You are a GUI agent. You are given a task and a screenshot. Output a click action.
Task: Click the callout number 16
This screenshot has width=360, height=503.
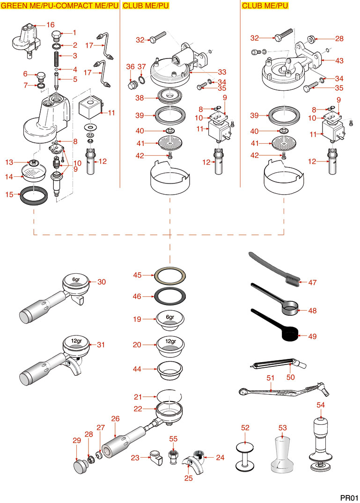click(51, 24)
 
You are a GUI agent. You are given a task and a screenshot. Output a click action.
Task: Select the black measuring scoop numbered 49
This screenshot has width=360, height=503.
click(286, 333)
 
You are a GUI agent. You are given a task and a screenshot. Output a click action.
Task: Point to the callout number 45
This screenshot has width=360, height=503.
click(137, 275)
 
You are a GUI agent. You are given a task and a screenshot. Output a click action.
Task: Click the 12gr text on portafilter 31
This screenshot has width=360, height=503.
click(76, 341)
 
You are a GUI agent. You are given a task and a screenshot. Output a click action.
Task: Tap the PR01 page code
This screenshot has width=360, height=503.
click(349, 497)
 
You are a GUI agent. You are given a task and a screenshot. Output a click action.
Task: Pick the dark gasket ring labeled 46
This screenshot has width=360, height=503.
click(169, 296)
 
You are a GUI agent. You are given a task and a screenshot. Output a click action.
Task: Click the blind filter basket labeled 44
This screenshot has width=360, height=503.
click(169, 369)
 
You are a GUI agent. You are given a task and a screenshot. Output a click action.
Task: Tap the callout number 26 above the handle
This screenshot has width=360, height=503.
click(116, 419)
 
